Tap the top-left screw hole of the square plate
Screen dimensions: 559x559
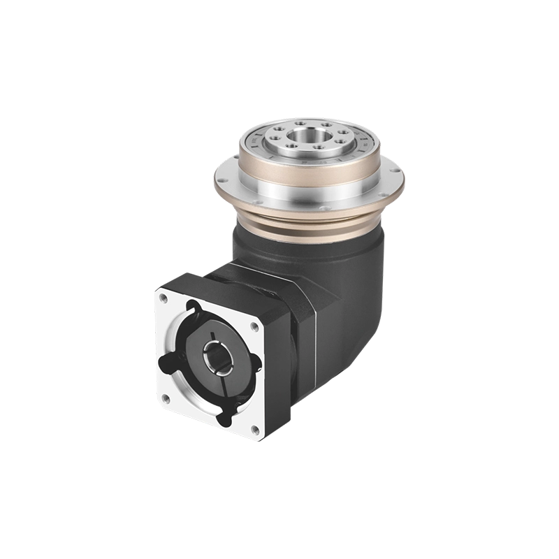pos(163,298)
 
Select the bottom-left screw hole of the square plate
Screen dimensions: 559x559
pos(165,399)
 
